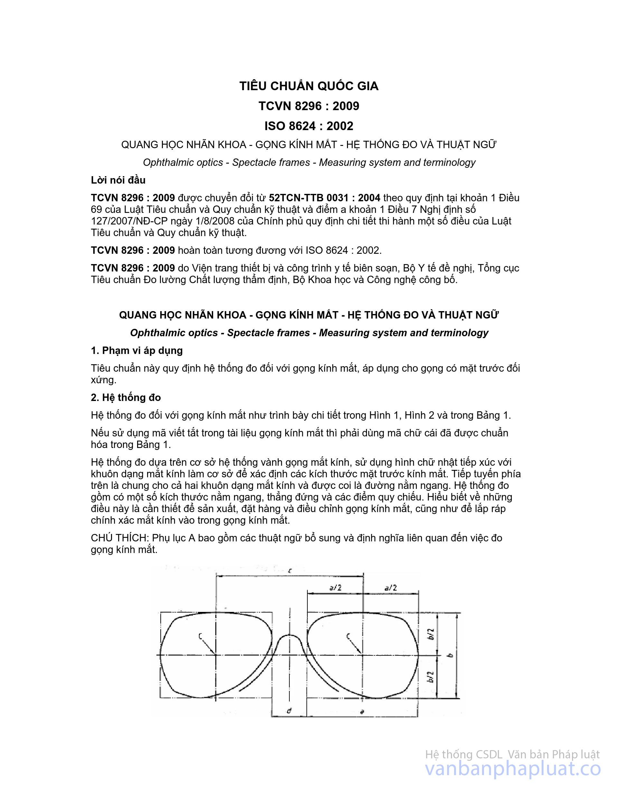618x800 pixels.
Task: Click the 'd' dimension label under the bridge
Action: tap(289, 711)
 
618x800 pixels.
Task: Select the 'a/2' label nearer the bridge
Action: tap(335, 587)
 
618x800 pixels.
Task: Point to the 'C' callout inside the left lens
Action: tap(201, 636)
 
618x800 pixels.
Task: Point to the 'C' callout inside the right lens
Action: tap(348, 636)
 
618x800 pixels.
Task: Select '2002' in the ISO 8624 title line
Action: tap(340, 126)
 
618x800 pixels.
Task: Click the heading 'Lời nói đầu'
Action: tap(118, 180)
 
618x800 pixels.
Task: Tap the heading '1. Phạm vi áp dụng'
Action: tap(136, 350)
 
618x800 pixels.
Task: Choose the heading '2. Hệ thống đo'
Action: tap(126, 397)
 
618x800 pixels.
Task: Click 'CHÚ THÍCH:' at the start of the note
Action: tap(120, 538)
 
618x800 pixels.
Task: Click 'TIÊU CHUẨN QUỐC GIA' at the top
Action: tap(309, 86)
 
